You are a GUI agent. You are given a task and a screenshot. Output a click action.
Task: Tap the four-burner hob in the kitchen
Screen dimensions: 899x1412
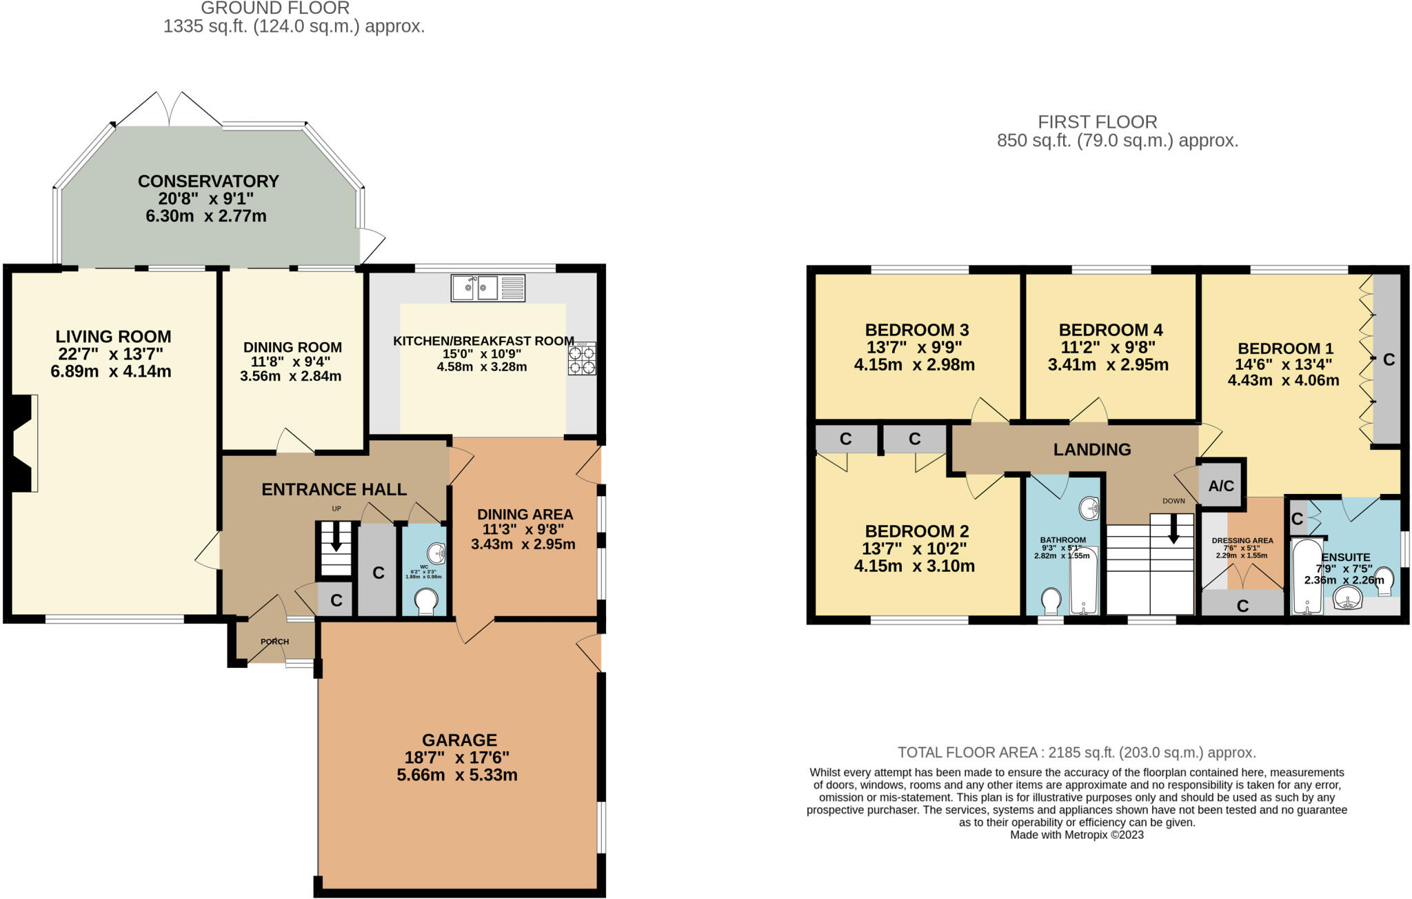point(582,359)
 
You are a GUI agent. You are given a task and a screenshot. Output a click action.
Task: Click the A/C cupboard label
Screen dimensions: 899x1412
point(1221,486)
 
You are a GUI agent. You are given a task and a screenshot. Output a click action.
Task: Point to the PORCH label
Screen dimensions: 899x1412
point(274,642)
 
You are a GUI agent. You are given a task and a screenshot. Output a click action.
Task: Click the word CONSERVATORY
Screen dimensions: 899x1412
point(208,181)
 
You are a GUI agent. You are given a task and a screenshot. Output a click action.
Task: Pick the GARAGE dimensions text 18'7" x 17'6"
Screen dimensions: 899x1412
point(457,758)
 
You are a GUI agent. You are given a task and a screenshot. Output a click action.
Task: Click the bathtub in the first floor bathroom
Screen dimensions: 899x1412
point(1084,580)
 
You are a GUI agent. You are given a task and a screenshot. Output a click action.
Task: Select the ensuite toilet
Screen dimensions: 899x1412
point(1383,580)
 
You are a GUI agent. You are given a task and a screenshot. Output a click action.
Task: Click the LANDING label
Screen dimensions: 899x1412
point(1092,450)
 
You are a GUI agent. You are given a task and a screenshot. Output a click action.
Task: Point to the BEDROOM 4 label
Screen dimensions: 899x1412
point(1111,330)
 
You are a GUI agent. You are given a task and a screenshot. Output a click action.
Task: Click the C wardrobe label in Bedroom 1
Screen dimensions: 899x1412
point(1389,359)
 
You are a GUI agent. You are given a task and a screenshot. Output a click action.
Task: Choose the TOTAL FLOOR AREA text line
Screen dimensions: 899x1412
point(1076,753)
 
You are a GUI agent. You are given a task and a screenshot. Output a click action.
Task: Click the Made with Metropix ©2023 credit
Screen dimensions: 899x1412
point(1076,835)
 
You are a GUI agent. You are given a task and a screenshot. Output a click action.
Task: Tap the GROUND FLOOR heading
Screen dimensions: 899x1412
point(275,8)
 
